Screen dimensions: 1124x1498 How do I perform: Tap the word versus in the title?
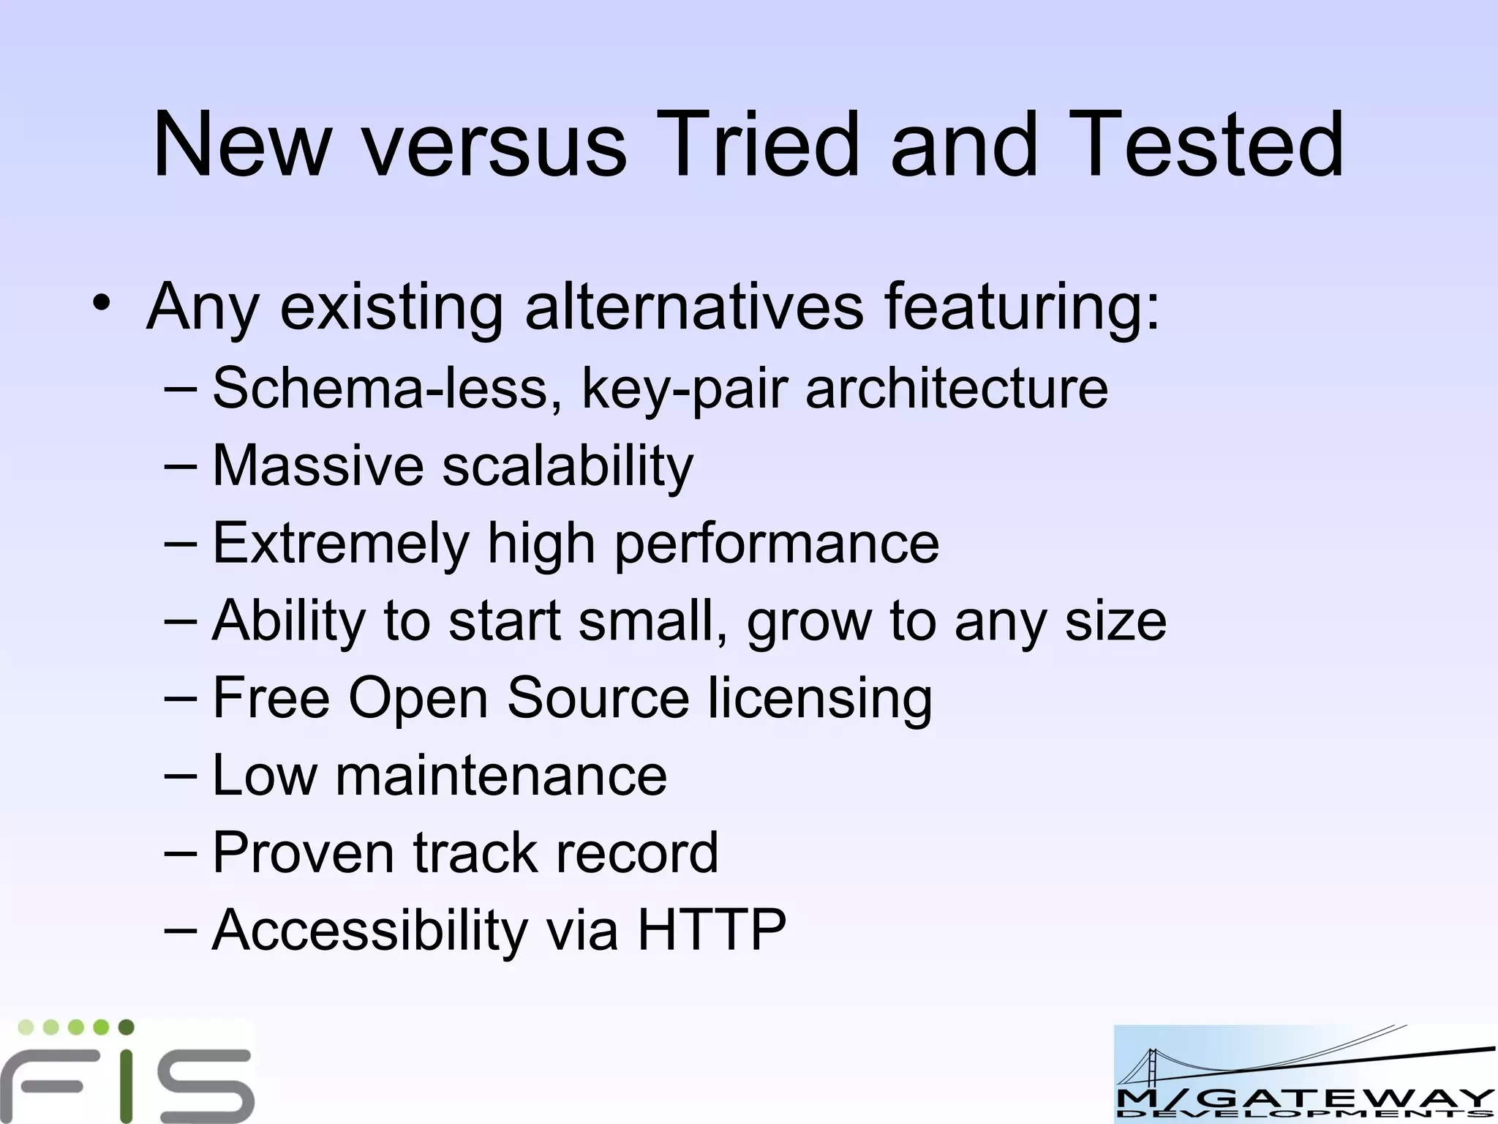click(495, 144)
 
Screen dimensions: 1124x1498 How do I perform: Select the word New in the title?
click(241, 144)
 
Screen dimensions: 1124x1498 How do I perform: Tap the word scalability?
click(568, 466)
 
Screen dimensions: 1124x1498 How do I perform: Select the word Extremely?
click(340, 544)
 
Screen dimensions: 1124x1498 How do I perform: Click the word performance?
click(776, 544)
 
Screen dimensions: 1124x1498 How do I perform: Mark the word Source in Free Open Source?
click(598, 698)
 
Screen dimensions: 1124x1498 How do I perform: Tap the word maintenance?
click(501, 776)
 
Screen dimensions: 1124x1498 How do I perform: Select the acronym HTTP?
click(712, 930)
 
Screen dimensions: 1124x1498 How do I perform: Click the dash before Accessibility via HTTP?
click(180, 930)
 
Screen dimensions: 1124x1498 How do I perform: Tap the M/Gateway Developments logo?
click(1305, 1074)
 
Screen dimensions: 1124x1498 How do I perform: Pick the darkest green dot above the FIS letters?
click(126, 1027)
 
